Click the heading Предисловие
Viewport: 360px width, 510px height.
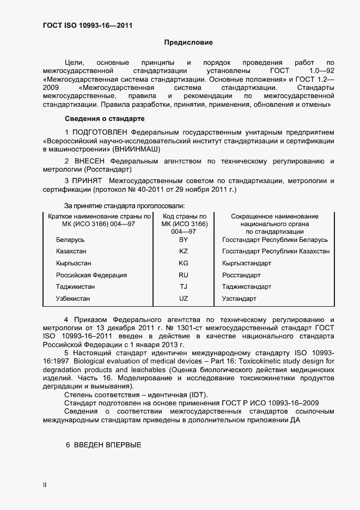(x=188, y=42)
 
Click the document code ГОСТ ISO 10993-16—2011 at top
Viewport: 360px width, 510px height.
(x=88, y=26)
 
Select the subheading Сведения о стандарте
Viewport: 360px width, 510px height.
(x=105, y=118)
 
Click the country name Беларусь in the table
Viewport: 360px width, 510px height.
(x=70, y=240)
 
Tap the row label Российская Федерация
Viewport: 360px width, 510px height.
(x=91, y=275)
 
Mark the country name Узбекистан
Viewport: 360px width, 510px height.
(x=73, y=299)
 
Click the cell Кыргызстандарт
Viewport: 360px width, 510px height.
(x=247, y=263)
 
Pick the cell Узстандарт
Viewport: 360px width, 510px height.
(x=239, y=299)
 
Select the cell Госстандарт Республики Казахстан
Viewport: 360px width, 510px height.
(x=276, y=251)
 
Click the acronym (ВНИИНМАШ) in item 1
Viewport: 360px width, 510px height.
(x=138, y=149)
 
